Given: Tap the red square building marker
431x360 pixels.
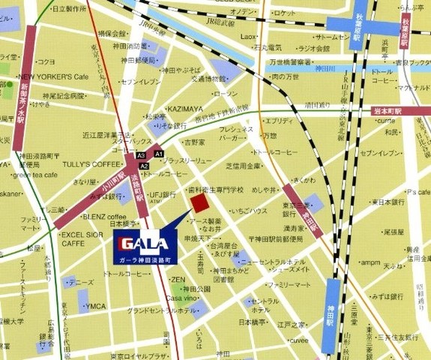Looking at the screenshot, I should tap(200, 204).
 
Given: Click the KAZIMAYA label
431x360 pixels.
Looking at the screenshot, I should tap(186, 108).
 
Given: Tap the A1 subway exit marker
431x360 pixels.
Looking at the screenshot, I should tap(158, 154).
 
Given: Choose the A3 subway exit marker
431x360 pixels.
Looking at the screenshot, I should tap(141, 155).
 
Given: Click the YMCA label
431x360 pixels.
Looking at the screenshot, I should tap(96, 306).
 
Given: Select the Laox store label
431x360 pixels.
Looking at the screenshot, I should tap(249, 36).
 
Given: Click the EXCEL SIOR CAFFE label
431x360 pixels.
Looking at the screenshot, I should tap(82, 239).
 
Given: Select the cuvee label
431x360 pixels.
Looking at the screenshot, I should tap(299, 340).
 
